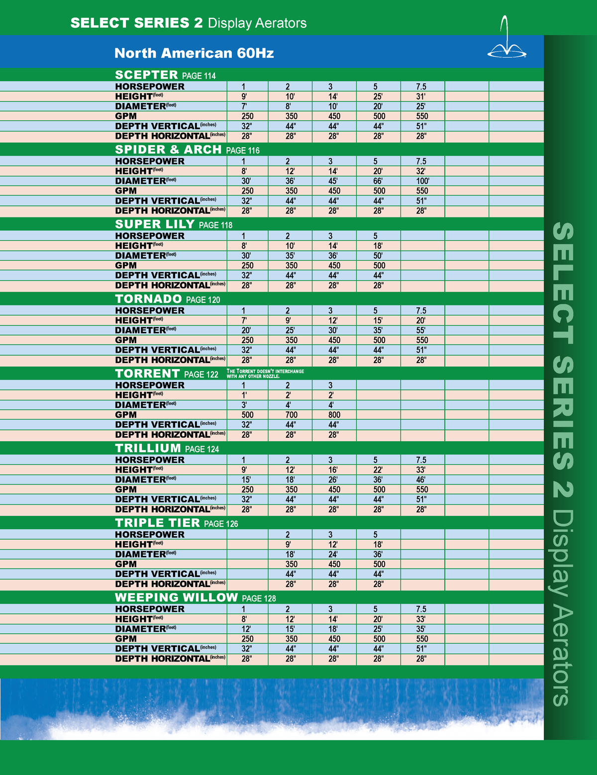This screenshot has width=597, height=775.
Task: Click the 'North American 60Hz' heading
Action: [x=194, y=53]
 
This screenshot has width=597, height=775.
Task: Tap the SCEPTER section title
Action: [x=146, y=75]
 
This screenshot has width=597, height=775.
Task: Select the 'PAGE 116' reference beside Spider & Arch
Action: [x=242, y=150]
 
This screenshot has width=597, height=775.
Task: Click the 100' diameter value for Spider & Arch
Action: [x=422, y=181]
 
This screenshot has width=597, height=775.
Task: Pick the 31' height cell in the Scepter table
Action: [x=421, y=97]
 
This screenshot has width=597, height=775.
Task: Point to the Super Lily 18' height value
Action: [x=378, y=246]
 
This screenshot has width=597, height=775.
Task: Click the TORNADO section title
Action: [x=148, y=299]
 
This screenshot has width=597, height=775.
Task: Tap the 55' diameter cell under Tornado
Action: [x=421, y=330]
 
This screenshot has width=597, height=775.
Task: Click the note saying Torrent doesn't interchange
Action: [x=265, y=374]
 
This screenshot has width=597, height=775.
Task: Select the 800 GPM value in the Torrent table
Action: [x=334, y=415]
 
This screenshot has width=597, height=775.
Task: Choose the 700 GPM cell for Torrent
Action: [x=292, y=415]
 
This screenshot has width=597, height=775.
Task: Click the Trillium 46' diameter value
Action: [x=421, y=480]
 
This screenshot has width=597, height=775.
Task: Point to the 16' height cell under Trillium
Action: [x=333, y=470]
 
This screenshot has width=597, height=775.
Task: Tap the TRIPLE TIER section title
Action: [x=157, y=523]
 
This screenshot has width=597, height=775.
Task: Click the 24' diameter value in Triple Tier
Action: [x=333, y=554]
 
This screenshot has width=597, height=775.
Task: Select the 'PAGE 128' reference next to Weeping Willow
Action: [x=259, y=598]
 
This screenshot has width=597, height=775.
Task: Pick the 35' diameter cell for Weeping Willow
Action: [x=421, y=629]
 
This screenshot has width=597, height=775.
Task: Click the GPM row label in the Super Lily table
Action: [x=126, y=266]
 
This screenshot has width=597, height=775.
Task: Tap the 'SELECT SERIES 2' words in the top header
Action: [x=136, y=23]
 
